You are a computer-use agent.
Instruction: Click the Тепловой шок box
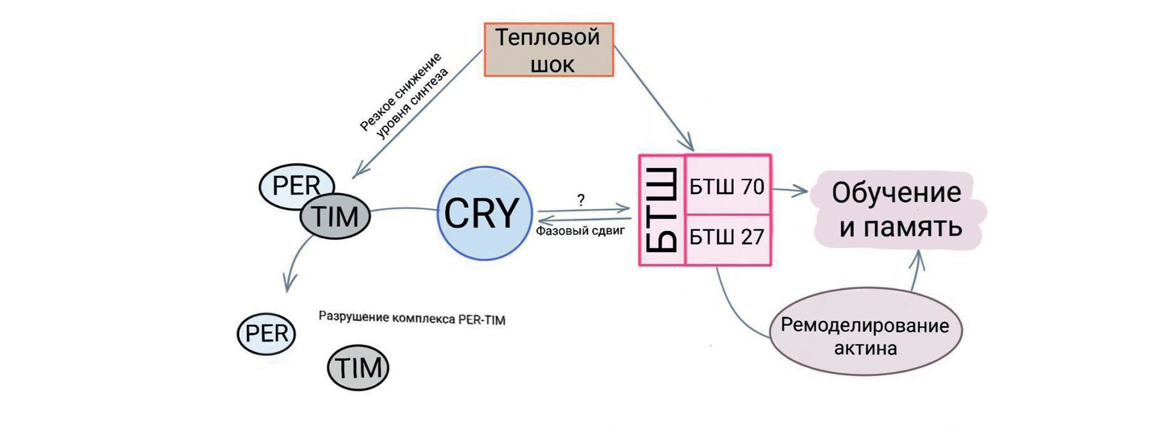tap(549, 50)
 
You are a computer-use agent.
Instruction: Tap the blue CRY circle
tap(484, 213)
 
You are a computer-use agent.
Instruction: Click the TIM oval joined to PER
tap(335, 217)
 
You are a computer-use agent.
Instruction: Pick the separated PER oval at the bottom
tap(267, 334)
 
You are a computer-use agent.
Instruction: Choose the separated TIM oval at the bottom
tap(358, 368)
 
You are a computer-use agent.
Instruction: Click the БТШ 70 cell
tap(728, 186)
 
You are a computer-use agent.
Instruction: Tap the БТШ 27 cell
tap(728, 237)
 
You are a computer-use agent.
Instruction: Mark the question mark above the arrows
tap(580, 200)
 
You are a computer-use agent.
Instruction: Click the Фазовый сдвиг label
tap(580, 231)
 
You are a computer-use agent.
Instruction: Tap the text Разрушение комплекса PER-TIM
tap(412, 319)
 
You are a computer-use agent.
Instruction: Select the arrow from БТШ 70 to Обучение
tap(789, 190)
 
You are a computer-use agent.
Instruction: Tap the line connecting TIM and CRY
tap(404, 209)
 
